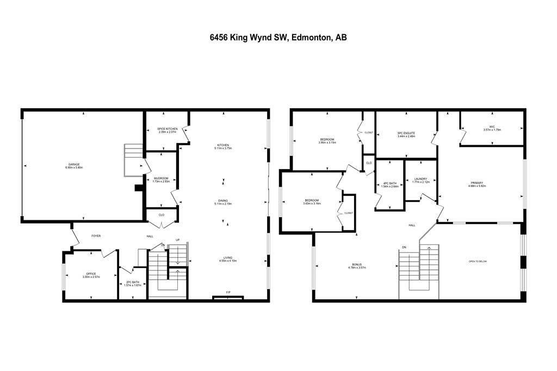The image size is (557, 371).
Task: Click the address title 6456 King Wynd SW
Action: pyautogui.click(x=278, y=38)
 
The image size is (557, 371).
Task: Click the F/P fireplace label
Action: pyautogui.click(x=228, y=293)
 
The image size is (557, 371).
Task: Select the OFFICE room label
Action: pyautogui.click(x=91, y=274)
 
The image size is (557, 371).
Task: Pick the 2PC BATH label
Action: pyautogui.click(x=132, y=282)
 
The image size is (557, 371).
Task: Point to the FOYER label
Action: pyautogui.click(x=96, y=236)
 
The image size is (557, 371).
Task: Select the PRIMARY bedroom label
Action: pyautogui.click(x=476, y=183)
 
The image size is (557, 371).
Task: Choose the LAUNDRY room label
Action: pyautogui.click(x=420, y=178)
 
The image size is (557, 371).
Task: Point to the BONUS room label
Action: pyautogui.click(x=356, y=264)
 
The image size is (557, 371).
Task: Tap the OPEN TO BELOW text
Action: pyautogui.click(x=478, y=261)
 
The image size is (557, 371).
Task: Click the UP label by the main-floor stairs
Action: pyautogui.click(x=177, y=240)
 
